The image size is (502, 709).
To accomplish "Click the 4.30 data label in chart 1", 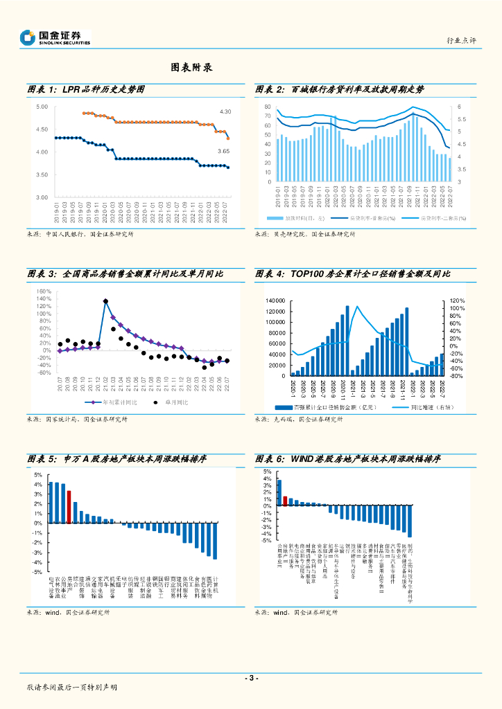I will (225, 111).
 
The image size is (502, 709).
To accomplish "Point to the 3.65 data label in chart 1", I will (223, 151).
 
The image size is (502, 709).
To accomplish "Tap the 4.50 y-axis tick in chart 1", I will (42, 129).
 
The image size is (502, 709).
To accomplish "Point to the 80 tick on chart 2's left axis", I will (267, 107).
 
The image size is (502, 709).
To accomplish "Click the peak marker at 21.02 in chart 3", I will (105, 301).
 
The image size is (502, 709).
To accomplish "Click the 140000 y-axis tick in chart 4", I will (275, 300).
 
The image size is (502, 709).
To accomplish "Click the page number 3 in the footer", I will (251, 678).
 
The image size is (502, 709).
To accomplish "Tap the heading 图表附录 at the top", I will (191, 68).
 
